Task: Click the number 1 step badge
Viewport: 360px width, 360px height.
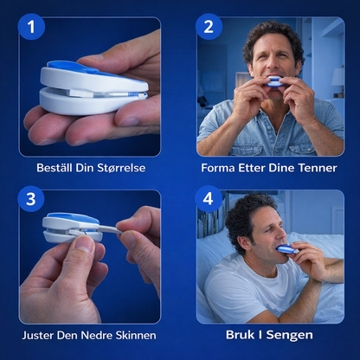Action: (31, 27)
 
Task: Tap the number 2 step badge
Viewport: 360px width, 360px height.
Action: (209, 27)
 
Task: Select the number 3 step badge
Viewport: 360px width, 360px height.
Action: (31, 199)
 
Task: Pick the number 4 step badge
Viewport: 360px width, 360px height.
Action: (209, 199)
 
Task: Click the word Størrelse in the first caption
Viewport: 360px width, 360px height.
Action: (121, 168)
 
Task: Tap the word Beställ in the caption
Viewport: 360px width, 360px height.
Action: (55, 168)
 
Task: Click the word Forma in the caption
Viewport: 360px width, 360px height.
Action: (218, 168)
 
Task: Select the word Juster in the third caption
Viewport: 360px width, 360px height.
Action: (38, 335)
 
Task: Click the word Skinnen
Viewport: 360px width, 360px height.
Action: (136, 335)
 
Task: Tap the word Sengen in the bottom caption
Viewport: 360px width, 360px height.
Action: (289, 335)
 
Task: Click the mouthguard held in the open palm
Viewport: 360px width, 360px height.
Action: (93, 87)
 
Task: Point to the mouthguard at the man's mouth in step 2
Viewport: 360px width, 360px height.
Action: (274, 81)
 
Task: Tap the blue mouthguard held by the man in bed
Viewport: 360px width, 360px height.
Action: (286, 249)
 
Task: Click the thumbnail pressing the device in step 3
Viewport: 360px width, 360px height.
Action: (84, 244)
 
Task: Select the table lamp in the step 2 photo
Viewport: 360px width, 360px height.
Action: (337, 81)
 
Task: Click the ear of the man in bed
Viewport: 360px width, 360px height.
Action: (245, 241)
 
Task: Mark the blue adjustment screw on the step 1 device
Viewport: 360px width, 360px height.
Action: (133, 94)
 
